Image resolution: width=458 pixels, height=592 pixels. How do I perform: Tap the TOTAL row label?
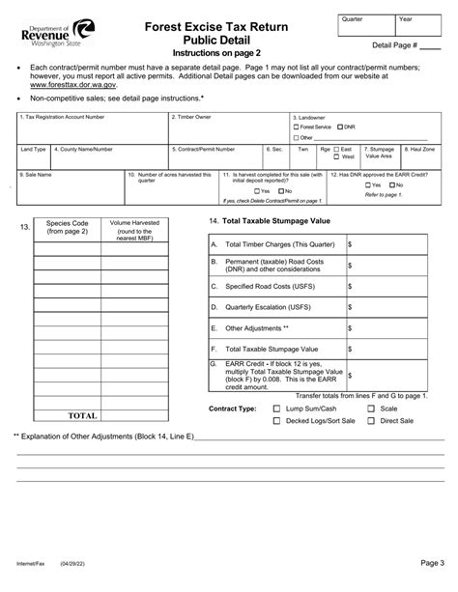coord(81,416)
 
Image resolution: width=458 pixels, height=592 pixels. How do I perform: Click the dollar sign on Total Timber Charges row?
coord(351,245)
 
